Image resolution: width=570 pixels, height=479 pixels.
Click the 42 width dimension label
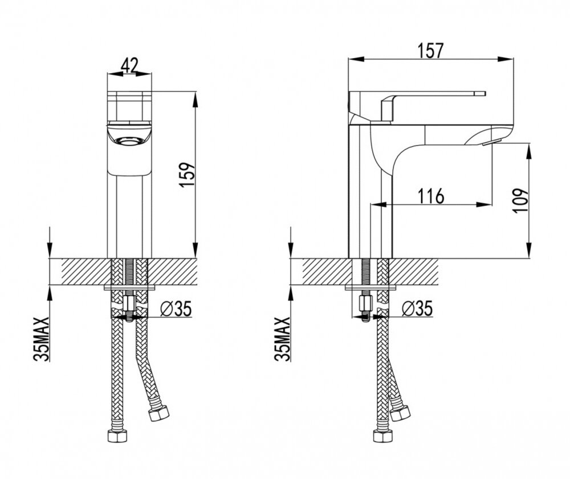click(x=129, y=66)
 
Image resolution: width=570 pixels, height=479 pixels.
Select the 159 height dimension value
click(x=188, y=175)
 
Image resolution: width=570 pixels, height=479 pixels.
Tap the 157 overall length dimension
click(x=430, y=51)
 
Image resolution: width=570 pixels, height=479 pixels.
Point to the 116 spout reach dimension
click(x=431, y=196)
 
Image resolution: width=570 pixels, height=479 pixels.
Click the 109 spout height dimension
click(x=520, y=200)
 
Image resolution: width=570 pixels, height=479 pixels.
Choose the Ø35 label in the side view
click(x=418, y=309)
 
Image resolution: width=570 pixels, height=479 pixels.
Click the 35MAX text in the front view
click(x=41, y=339)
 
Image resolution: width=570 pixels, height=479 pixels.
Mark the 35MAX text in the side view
click(x=283, y=339)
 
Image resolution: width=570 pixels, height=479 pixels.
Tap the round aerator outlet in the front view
click(x=129, y=140)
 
